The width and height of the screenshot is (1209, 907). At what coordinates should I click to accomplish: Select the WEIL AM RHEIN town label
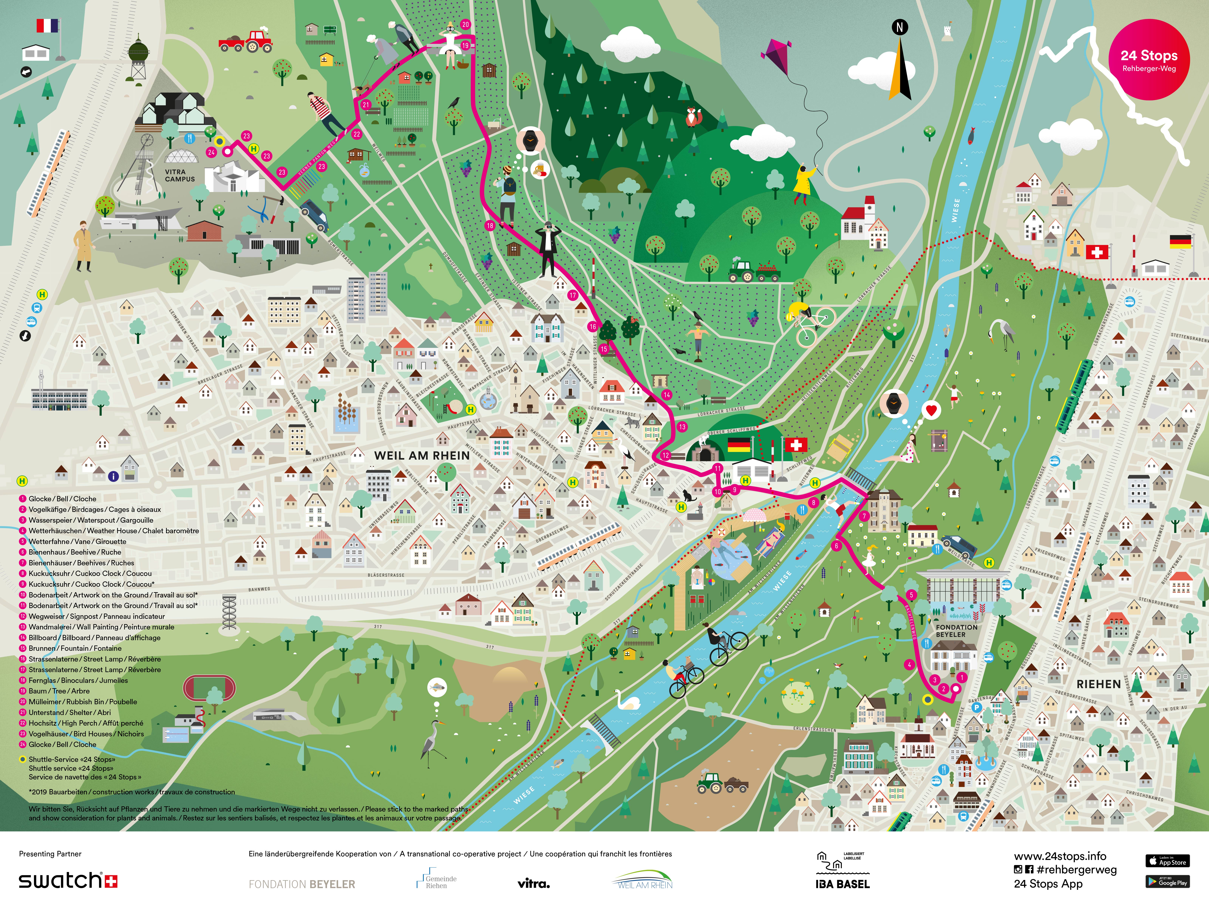421,455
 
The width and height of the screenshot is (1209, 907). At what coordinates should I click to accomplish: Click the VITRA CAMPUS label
180,175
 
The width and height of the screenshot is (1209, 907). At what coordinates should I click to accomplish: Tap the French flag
48,26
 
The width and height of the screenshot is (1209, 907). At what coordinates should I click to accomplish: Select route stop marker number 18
490,225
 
